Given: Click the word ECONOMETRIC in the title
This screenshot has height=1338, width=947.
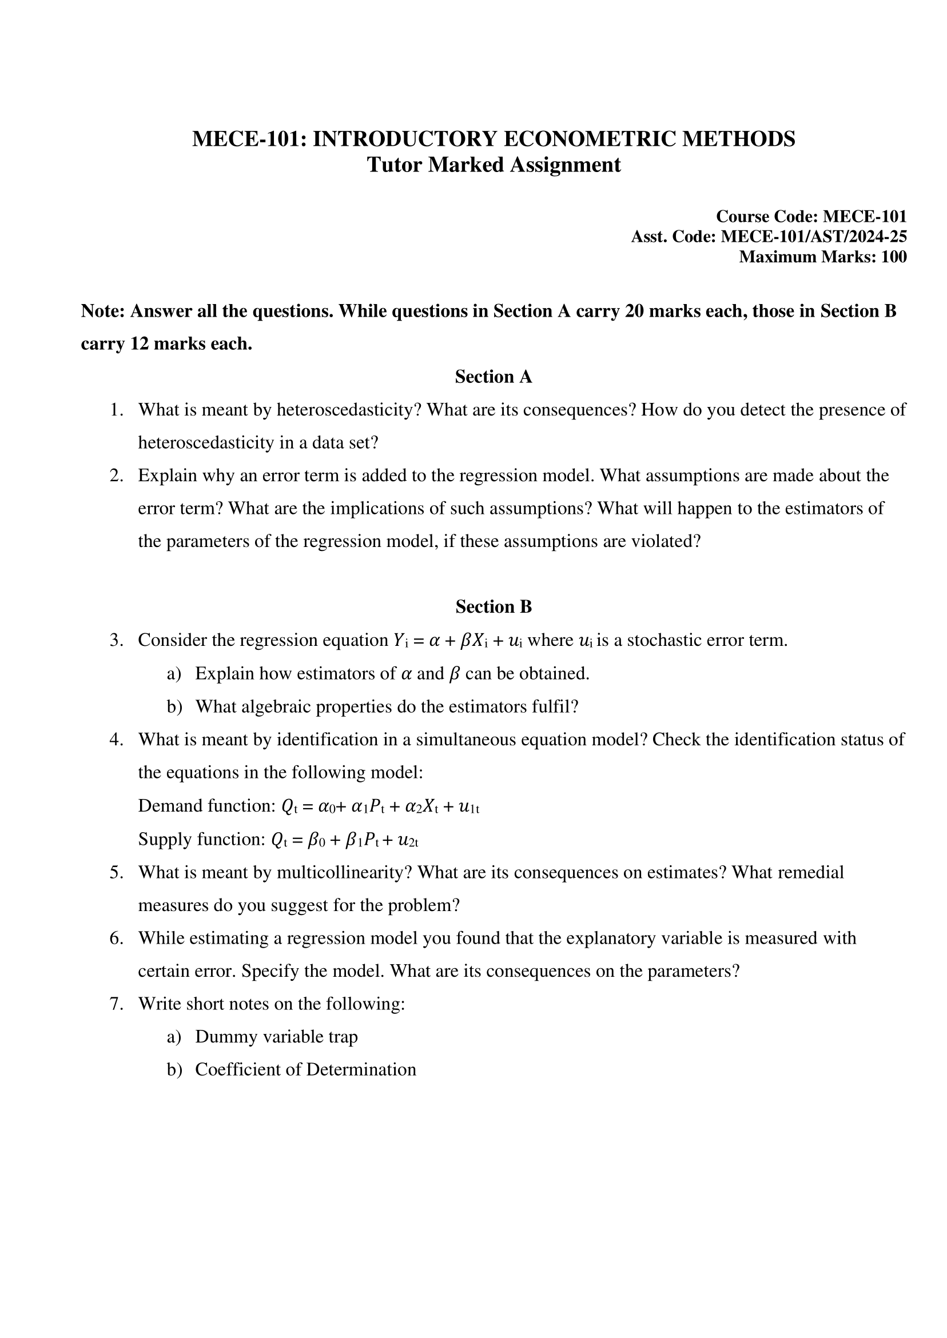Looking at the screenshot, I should (589, 139).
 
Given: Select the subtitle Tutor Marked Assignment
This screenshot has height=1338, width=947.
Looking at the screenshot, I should (494, 165).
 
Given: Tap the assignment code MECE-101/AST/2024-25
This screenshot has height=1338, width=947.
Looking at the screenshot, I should (813, 237).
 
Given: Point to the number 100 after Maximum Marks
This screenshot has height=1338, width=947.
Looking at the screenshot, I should (893, 257).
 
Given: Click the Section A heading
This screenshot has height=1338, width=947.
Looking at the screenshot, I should (494, 377).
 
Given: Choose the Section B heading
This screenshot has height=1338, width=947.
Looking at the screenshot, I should (494, 607).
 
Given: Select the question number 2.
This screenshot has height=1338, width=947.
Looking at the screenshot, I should (116, 476).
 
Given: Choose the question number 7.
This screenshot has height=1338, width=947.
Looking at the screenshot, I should (116, 1005).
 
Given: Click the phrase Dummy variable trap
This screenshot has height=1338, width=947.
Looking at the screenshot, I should (276, 1037).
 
